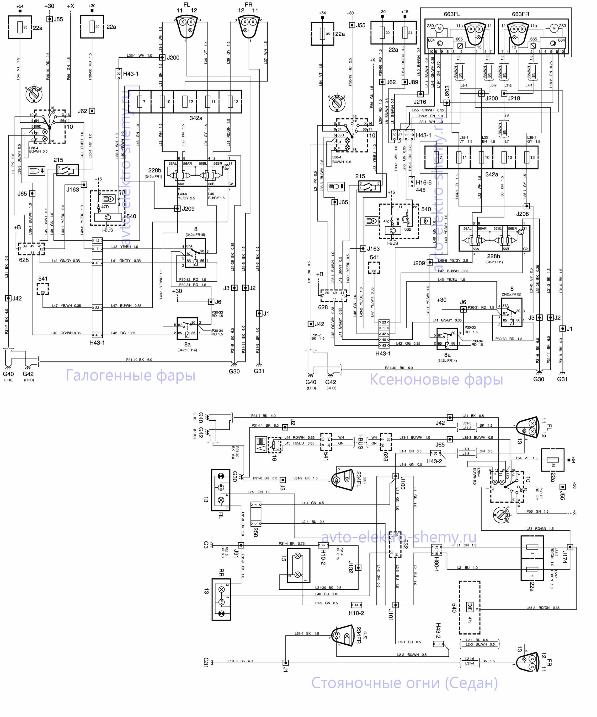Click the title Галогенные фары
click(130, 375)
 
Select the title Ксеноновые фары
click(436, 379)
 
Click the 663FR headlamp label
click(520, 14)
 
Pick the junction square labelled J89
click(405, 82)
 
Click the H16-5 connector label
click(423, 182)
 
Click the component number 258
click(256, 532)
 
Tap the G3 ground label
click(206, 545)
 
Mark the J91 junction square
click(241, 545)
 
